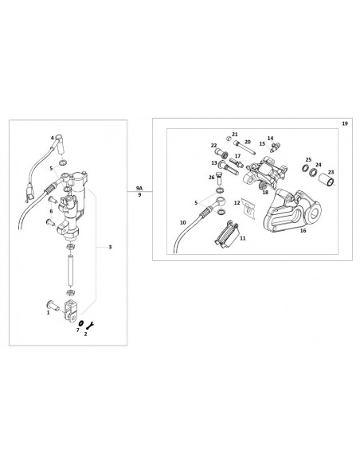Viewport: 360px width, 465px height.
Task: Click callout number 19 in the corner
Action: [345, 123]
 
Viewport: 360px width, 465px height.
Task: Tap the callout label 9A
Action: [139, 188]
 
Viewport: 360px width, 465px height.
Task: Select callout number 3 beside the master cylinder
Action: [110, 247]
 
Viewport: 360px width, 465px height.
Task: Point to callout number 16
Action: [303, 230]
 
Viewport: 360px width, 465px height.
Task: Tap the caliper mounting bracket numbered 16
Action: [292, 210]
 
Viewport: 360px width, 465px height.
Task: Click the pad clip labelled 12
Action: [248, 208]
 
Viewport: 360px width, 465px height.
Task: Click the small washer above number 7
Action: [81, 323]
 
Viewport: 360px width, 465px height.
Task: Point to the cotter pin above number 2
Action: [90, 325]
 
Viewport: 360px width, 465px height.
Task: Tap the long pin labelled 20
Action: [245, 147]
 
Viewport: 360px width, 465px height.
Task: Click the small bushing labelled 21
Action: [229, 138]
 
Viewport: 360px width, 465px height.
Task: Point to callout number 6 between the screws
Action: [51, 211]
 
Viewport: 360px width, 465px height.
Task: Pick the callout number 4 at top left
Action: [53, 138]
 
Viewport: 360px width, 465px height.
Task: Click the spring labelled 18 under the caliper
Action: [263, 186]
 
